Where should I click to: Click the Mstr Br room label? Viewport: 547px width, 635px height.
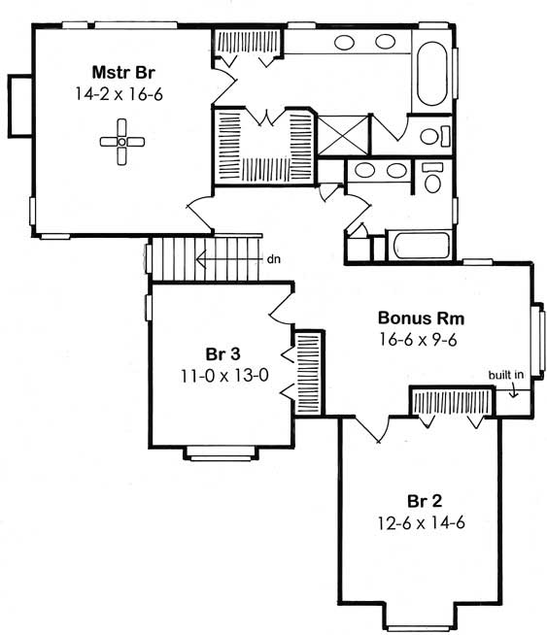tap(119, 72)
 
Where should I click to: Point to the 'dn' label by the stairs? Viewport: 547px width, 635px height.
tap(274, 259)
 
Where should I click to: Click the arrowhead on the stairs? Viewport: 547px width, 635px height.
tap(201, 259)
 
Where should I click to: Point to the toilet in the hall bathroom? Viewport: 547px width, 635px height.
tap(433, 179)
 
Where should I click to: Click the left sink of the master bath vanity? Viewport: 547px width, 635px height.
tap(345, 42)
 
